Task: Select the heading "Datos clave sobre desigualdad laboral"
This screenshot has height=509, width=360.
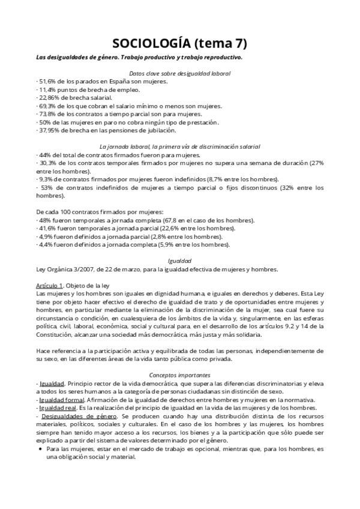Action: (x=179, y=73)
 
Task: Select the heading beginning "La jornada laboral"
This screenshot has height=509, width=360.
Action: (x=179, y=146)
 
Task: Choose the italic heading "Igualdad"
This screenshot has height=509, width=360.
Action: (x=179, y=261)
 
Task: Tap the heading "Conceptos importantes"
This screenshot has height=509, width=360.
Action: (x=179, y=375)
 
